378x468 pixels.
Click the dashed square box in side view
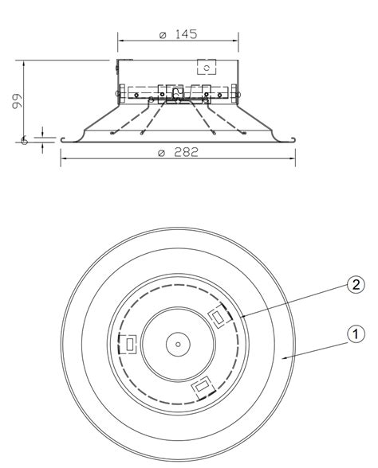tap(207, 68)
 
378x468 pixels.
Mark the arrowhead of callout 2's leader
tap(240, 318)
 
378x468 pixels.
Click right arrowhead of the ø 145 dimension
tap(236, 39)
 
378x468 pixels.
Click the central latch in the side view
tap(177, 95)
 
